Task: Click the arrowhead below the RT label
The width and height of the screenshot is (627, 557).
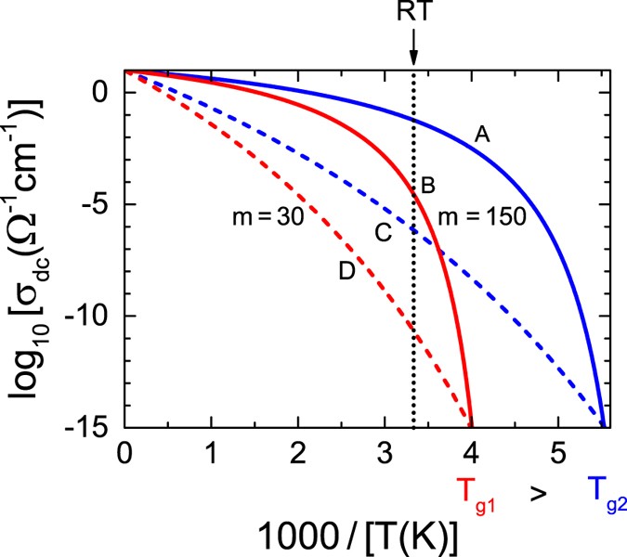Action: coord(412,58)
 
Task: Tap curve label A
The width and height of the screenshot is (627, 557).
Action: coord(481,135)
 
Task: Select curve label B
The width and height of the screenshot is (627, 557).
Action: coord(428,186)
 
